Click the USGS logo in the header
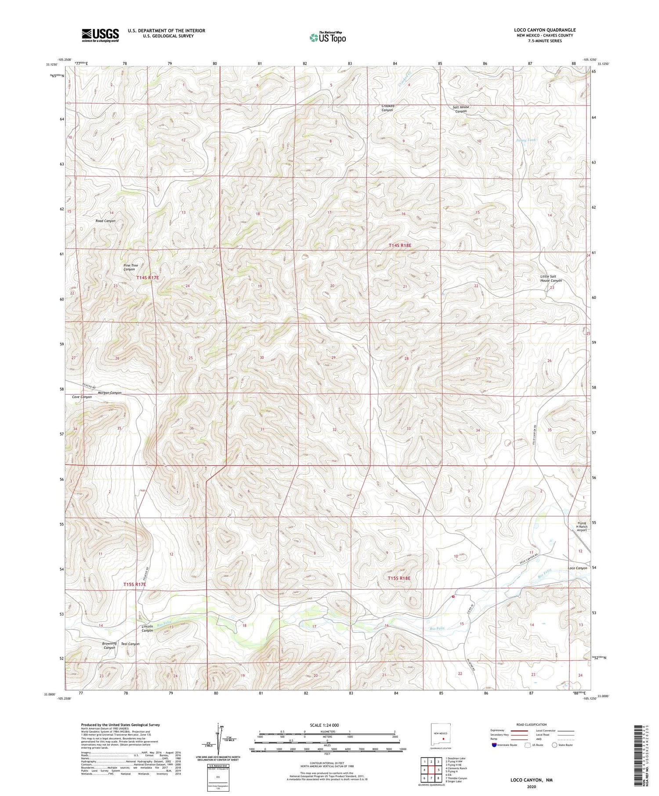pyautogui.click(x=100, y=35)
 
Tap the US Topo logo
pyautogui.click(x=328, y=37)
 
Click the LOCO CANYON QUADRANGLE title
pyautogui.click(x=545, y=30)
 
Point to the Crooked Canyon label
pyautogui.click(x=387, y=108)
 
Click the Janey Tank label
pyautogui.click(x=525, y=140)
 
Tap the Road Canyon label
pyautogui.click(x=105, y=221)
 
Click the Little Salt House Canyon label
pyautogui.click(x=551, y=278)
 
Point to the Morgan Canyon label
pyautogui.click(x=109, y=393)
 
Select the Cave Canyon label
pyautogui.click(x=82, y=397)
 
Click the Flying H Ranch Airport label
pyautogui.click(x=582, y=526)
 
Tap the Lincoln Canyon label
pyautogui.click(x=147, y=628)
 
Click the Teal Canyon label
pyautogui.click(x=130, y=644)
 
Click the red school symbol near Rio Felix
pyautogui.click(x=453, y=597)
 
